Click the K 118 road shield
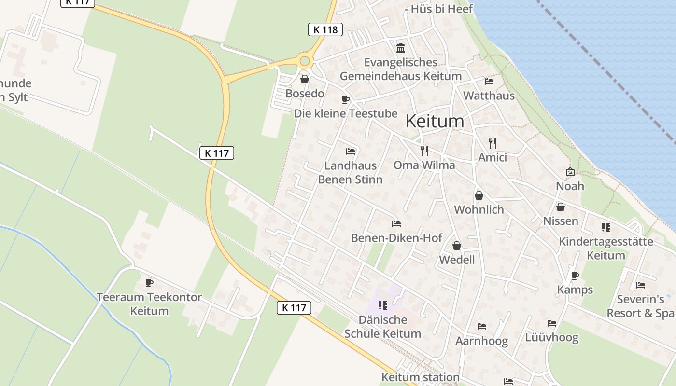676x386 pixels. coord(325,29)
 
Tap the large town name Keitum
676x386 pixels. coord(435,121)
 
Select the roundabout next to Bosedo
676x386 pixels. coord(304,61)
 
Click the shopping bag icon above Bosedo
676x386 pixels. coord(305,79)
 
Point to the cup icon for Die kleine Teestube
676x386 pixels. coord(345,99)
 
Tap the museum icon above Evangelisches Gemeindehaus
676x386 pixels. coord(401,48)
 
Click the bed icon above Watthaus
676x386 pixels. coord(489,82)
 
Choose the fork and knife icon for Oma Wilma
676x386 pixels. coord(424,151)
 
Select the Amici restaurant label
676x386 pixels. coord(492,157)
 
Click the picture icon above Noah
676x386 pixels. coord(570,172)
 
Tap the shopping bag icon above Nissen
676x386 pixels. coord(561,207)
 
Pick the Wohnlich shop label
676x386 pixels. coord(479,209)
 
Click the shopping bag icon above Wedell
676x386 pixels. coord(457,246)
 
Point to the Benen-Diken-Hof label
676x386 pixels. coord(396,238)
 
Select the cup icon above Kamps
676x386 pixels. coord(575,276)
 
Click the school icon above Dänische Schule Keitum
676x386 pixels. coord(383,305)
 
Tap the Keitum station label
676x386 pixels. coord(420,377)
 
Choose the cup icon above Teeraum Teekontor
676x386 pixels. coord(149,283)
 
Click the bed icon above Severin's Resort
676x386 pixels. coord(641,285)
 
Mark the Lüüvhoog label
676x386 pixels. coord(551,337)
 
